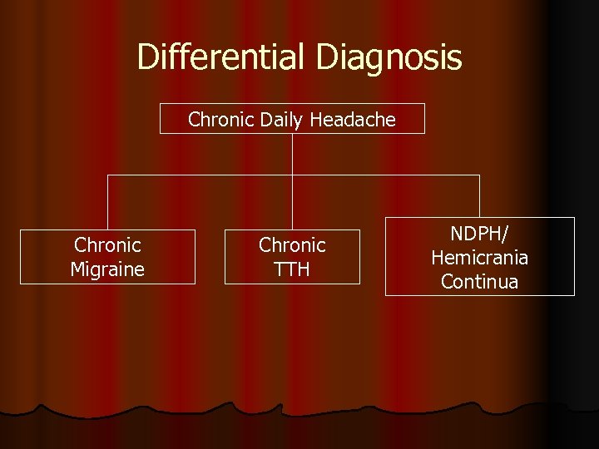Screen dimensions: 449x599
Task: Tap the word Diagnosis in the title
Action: tap(389, 57)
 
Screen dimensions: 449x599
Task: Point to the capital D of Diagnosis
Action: tap(325, 57)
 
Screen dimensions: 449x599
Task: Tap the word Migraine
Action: tap(107, 269)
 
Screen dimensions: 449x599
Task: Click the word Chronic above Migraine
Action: tap(107, 245)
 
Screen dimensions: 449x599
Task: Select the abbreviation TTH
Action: tap(292, 269)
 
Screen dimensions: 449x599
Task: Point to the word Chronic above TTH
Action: tap(292, 245)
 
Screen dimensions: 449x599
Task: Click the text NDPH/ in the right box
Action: tap(479, 234)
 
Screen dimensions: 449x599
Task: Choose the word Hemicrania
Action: tap(479, 258)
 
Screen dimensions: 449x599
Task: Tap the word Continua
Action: tap(479, 282)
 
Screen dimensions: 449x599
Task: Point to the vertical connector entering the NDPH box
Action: tap(479, 196)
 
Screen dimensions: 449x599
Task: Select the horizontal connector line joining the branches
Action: tap(200, 175)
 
